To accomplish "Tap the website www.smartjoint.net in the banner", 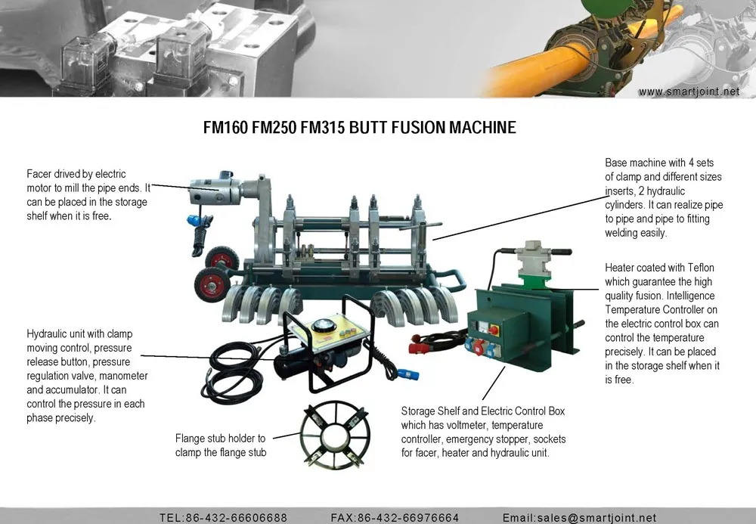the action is click(689, 91).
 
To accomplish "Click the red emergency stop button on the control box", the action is click(493, 330).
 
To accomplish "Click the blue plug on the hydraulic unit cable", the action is click(408, 374).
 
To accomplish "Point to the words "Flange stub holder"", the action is click(220, 439).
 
